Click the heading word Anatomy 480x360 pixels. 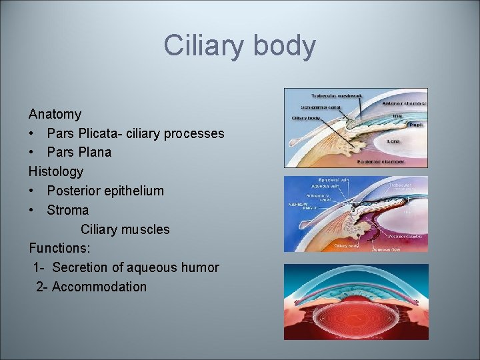point(55,114)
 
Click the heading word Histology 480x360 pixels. point(56,171)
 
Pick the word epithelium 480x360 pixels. point(131,191)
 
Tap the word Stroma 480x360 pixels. point(67,210)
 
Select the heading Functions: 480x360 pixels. point(60,248)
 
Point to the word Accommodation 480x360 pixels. point(99,287)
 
